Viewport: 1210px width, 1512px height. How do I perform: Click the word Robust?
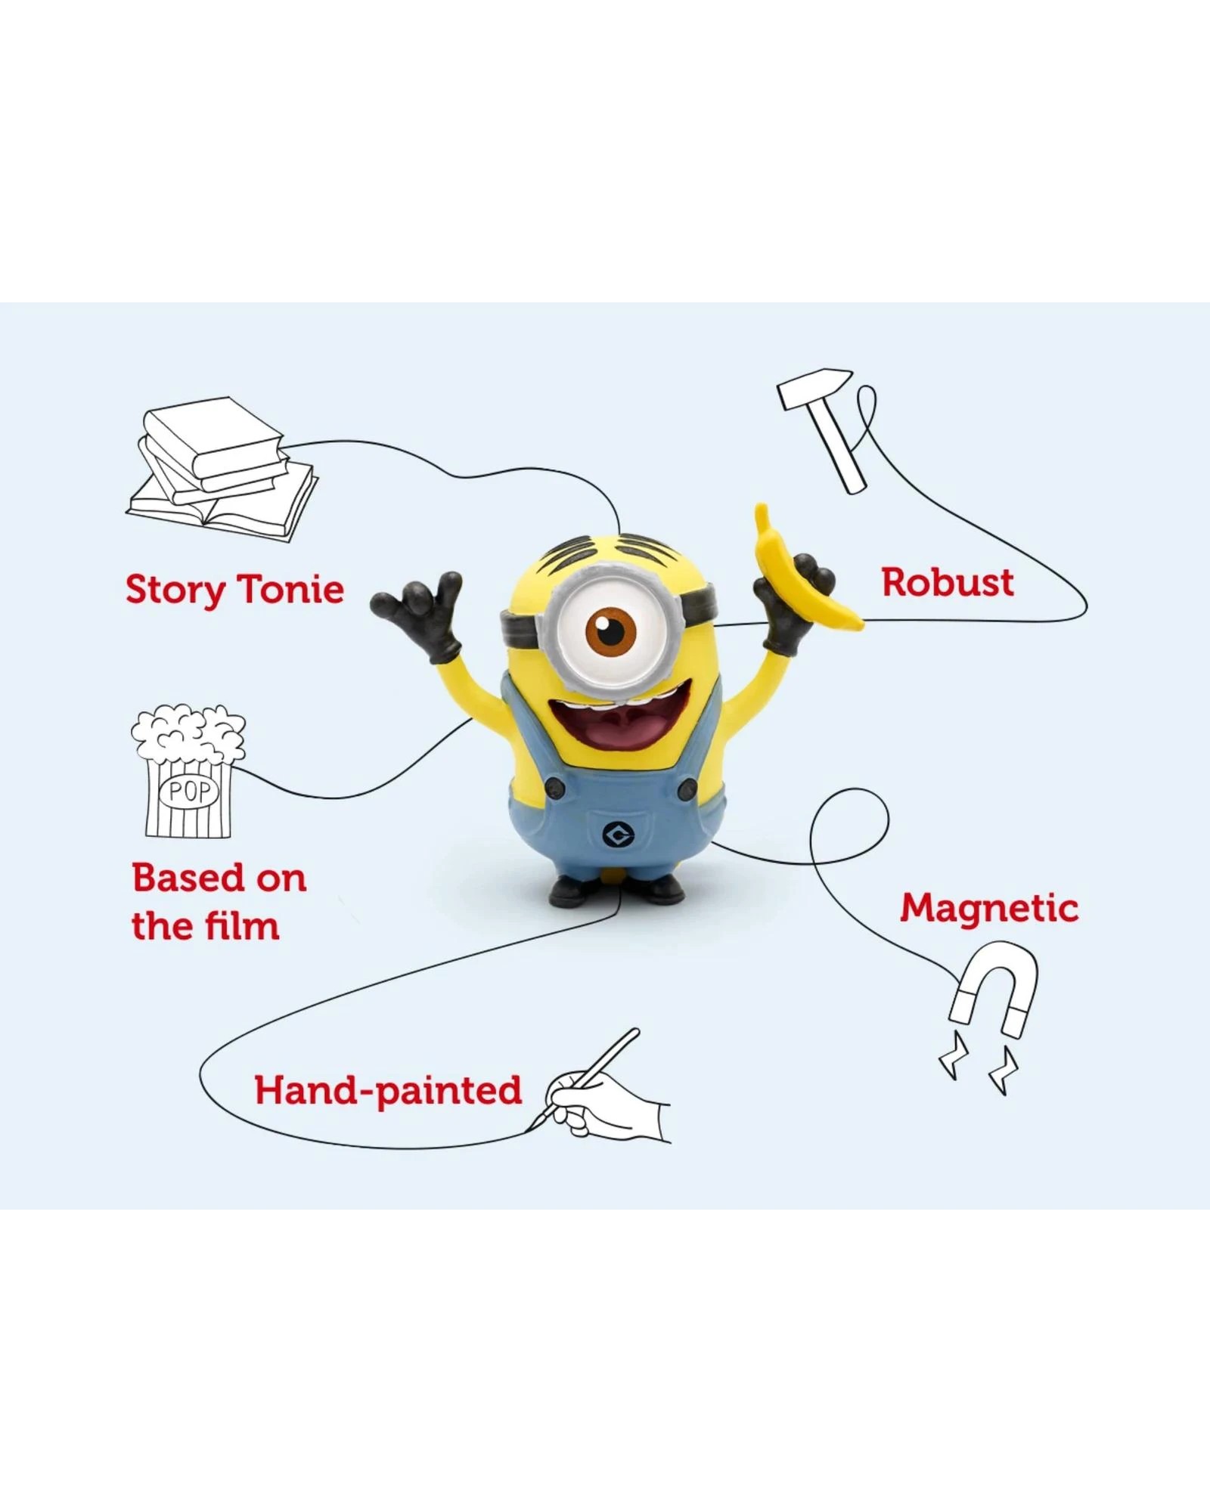click(948, 583)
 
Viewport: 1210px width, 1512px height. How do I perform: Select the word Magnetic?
click(989, 908)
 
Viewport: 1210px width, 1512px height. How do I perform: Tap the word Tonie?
click(290, 589)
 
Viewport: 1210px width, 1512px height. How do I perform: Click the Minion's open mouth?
click(605, 730)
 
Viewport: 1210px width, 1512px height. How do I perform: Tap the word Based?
click(185, 878)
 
